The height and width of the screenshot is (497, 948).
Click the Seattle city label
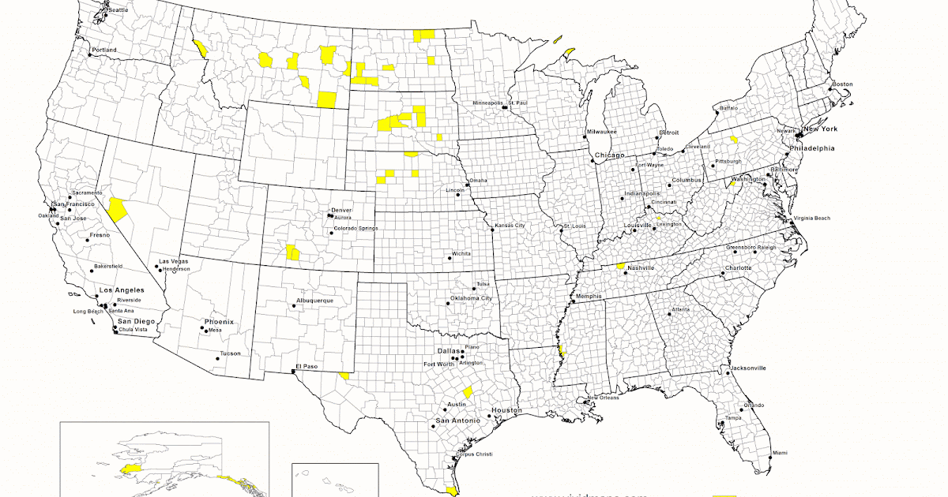coord(118,10)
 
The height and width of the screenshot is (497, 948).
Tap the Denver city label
coord(341,210)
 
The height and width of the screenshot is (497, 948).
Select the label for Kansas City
coord(510,226)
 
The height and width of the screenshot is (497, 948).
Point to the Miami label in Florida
coord(780,453)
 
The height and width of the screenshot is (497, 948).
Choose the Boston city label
coord(842,84)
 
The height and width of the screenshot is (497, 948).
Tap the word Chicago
coord(610,155)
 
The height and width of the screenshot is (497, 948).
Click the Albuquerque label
coord(314,301)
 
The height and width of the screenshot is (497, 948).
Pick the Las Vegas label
coord(175,261)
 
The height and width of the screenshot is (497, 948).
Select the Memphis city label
coord(589,297)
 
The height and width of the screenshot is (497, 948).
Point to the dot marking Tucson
coord(216,359)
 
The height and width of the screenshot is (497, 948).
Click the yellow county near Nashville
coord(621,267)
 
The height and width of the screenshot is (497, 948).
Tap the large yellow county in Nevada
coord(118,210)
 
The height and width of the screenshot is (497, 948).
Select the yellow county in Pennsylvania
coord(734,140)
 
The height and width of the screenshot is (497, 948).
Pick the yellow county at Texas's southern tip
coord(452,491)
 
